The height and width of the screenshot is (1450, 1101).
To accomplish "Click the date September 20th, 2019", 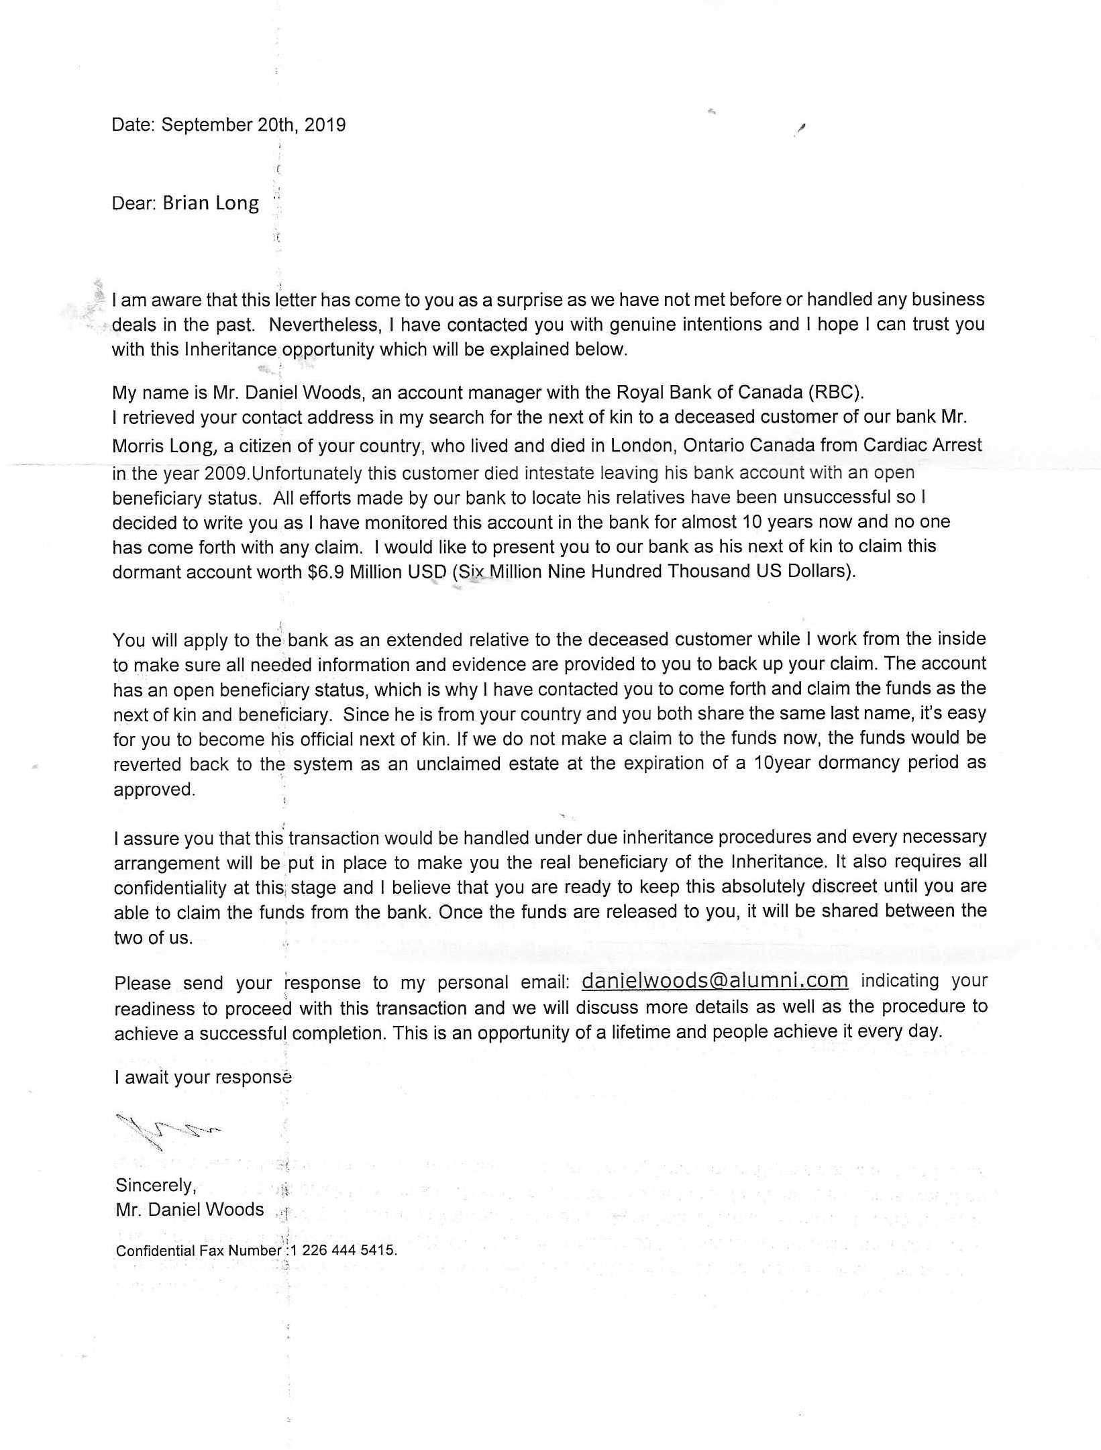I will click(254, 125).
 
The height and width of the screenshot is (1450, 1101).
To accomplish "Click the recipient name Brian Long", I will click(210, 203).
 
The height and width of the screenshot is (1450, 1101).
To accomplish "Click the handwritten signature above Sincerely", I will click(168, 1131).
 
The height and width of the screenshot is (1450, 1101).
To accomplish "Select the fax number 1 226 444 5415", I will click(344, 1251).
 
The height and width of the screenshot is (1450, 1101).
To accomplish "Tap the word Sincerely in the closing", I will click(156, 1185).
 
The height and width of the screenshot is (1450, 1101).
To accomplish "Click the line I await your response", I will click(203, 1078).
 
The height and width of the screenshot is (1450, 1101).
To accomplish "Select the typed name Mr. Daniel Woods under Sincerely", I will click(190, 1210).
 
